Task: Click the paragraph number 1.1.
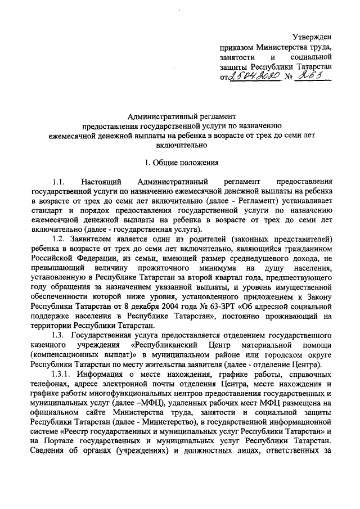[x=59, y=182]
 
